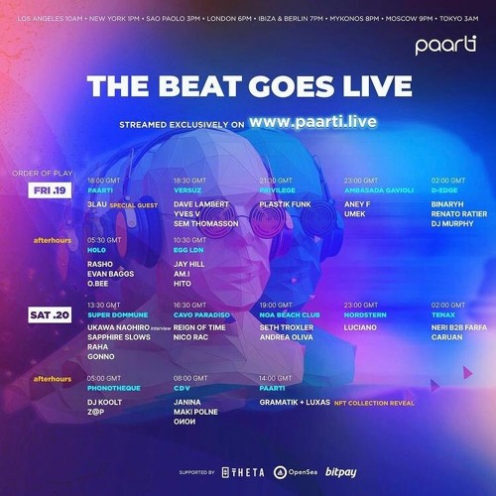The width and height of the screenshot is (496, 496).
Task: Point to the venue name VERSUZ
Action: (187, 188)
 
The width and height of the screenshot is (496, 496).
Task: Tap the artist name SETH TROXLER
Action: (288, 327)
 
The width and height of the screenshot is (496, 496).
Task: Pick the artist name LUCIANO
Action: (360, 327)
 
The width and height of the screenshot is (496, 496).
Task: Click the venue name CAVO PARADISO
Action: (197, 313)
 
